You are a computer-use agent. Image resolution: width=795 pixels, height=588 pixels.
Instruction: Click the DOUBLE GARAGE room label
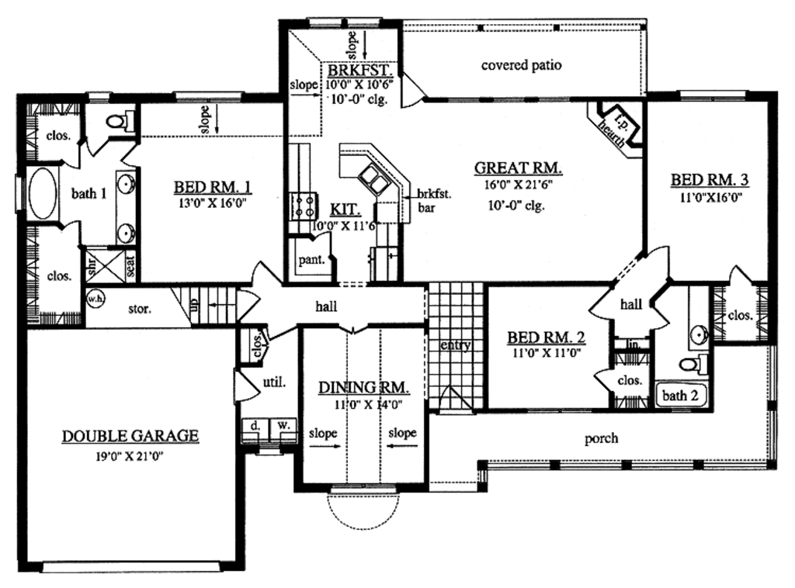click(130, 436)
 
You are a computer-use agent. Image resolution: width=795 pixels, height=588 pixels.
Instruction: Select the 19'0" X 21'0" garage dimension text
click(130, 455)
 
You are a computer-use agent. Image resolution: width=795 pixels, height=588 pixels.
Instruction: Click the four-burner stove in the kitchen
click(302, 206)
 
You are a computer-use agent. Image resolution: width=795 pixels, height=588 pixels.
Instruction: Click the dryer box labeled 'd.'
click(255, 426)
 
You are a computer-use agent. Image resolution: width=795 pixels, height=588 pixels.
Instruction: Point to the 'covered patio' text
click(521, 65)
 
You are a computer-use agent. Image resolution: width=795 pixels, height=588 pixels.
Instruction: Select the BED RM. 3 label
click(710, 180)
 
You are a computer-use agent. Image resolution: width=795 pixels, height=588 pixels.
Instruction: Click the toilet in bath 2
click(689, 364)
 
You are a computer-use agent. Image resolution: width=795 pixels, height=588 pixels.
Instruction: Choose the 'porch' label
click(602, 438)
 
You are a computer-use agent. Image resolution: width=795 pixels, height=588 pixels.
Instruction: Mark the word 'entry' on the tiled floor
click(455, 345)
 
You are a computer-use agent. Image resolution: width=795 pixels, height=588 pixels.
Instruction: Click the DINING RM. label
click(363, 387)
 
